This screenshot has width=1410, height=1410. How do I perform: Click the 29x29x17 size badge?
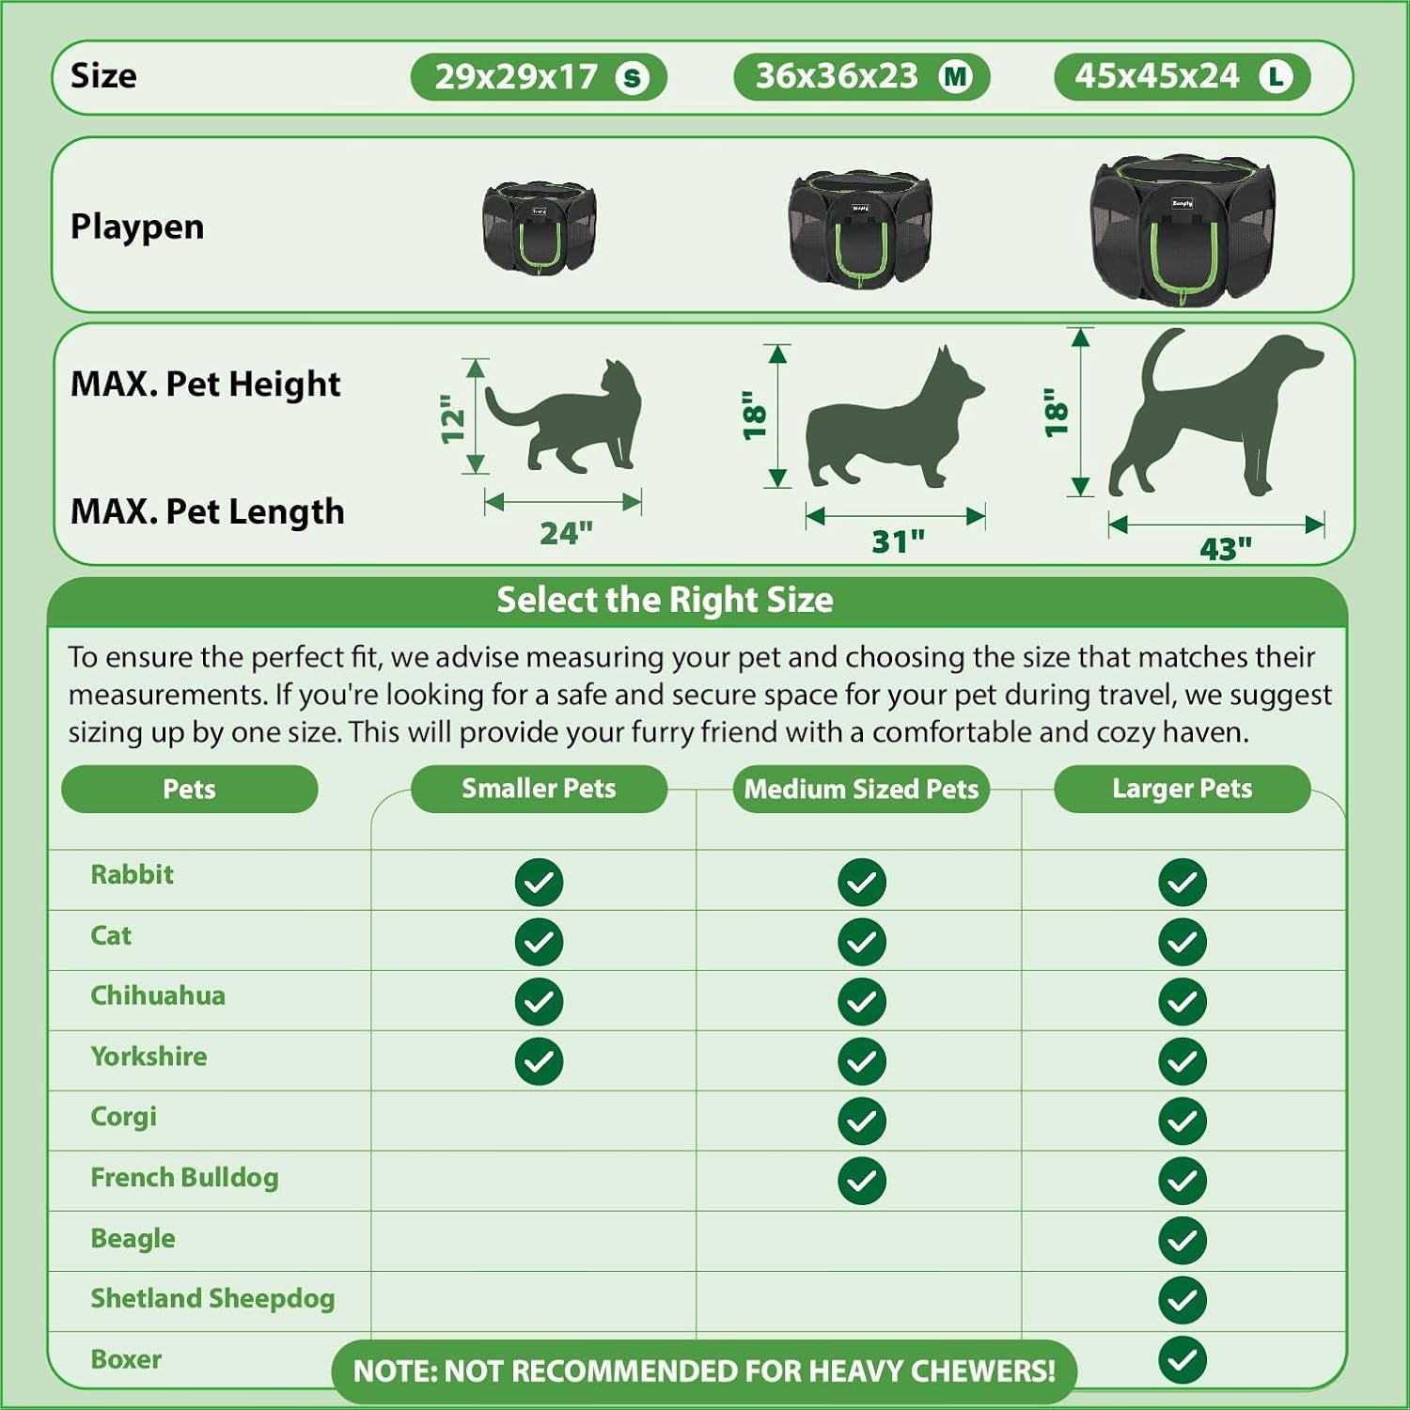539,77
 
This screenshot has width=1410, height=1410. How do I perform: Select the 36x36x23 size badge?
862,77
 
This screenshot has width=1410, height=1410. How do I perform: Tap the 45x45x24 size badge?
1183,77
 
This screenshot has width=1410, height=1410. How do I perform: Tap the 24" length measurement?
566,533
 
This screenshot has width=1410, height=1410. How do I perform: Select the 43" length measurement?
1226,548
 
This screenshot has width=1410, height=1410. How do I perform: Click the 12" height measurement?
453,418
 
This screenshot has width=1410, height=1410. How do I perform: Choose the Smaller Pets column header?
539,789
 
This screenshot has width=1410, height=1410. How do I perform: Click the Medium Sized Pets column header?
862,789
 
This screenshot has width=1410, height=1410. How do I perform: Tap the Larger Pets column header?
1183,789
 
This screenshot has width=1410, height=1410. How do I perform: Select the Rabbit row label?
132,874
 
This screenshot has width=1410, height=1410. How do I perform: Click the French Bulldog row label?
184,1178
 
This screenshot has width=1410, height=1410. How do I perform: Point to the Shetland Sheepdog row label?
212,1298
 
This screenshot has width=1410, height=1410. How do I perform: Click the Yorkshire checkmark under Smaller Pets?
539,1061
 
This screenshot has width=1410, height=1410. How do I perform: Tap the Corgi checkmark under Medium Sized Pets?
862,1121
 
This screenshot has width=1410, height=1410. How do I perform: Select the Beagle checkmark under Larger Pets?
1183,1241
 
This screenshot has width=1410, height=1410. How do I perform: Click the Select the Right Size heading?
665,600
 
